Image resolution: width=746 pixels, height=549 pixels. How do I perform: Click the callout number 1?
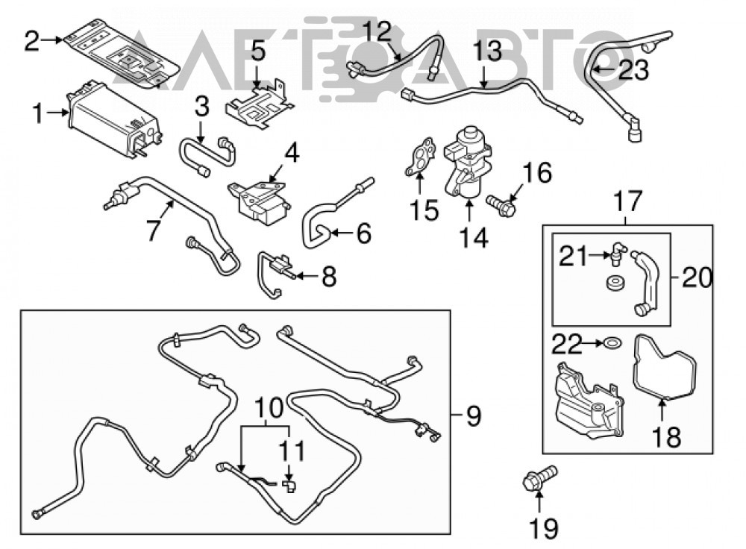click(39, 114)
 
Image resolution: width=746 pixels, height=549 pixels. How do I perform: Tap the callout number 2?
click(31, 41)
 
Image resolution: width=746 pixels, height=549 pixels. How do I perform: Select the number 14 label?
click(474, 238)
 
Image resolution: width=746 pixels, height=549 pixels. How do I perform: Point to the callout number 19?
click(544, 527)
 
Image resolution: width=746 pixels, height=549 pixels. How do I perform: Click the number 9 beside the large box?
click(474, 416)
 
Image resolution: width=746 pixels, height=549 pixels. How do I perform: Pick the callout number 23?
click(633, 70)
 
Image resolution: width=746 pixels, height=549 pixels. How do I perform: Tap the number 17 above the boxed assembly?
click(628, 201)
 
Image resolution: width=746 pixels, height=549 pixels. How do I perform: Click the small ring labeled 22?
click(611, 342)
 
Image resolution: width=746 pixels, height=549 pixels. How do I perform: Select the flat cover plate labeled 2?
click(122, 53)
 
